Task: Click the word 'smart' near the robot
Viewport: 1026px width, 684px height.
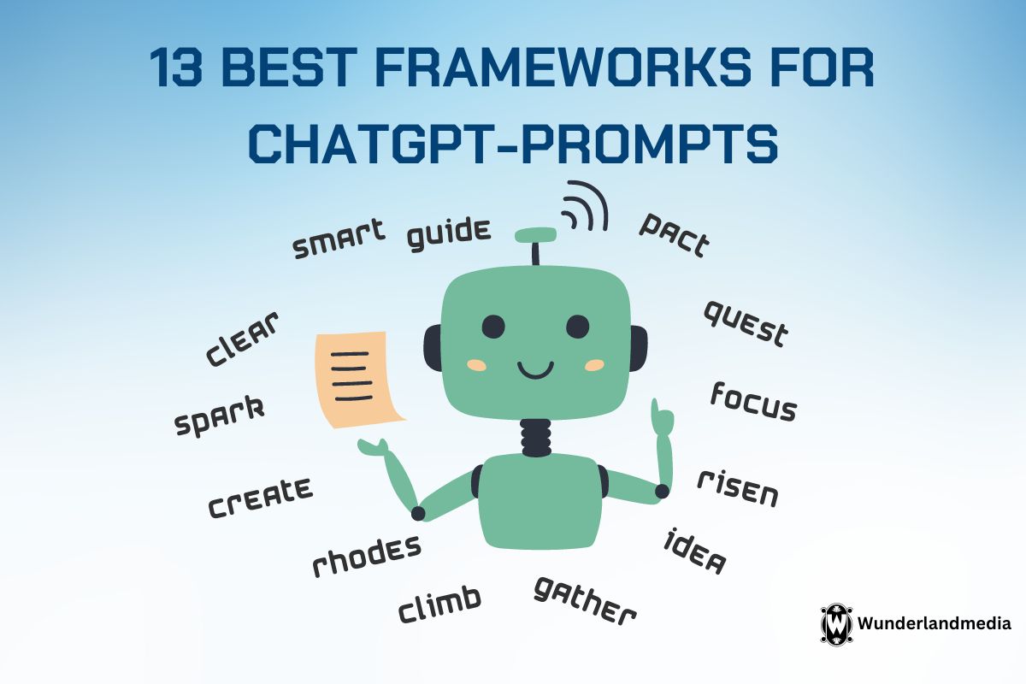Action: coord(339,239)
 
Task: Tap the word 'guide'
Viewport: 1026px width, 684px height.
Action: coord(449,234)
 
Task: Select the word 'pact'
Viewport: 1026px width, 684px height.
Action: coord(675,235)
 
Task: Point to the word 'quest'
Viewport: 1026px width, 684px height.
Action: coord(746,324)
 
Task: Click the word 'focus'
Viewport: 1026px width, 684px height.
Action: coord(754,402)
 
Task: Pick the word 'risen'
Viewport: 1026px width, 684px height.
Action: coord(738,488)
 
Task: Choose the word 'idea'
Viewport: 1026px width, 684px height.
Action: coord(695,551)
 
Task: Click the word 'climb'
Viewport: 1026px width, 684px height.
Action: coord(439,604)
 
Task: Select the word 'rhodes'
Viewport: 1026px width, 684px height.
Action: coord(367,556)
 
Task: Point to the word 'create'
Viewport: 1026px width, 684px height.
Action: coord(261,498)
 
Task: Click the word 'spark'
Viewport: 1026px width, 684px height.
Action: coord(220,416)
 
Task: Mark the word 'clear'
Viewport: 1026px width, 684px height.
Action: coord(242,339)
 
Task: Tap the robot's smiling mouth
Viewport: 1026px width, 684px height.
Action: coord(535,370)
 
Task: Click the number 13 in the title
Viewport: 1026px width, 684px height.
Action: coord(176,68)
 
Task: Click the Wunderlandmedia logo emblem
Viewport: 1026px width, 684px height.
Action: coord(836,624)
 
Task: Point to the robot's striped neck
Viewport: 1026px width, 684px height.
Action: coord(535,438)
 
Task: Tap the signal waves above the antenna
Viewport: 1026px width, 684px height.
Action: coord(587,205)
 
